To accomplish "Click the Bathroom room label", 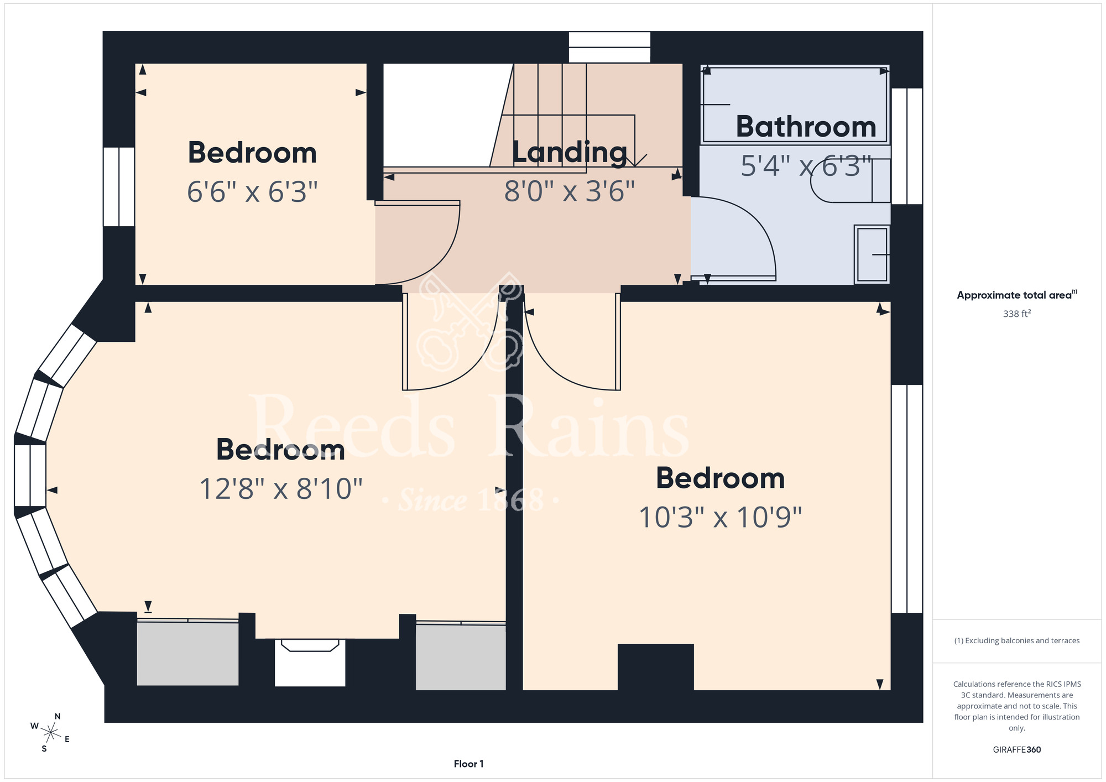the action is pyautogui.click(x=806, y=127).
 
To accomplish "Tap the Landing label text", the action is pyautogui.click(x=570, y=153).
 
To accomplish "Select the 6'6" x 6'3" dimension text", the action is pyautogui.click(x=252, y=192).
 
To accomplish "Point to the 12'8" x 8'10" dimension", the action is pyautogui.click(x=280, y=489).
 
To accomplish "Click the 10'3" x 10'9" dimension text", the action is pyautogui.click(x=720, y=518).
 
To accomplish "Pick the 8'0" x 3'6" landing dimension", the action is pyautogui.click(x=570, y=191).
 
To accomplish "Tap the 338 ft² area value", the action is pyautogui.click(x=1016, y=314).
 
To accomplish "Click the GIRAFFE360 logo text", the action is pyautogui.click(x=1016, y=750).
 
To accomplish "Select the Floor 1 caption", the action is pyautogui.click(x=468, y=764).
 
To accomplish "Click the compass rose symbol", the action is pyautogui.click(x=50, y=733).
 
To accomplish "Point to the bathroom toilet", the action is pyautogui.click(x=851, y=181).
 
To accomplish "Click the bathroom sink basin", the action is pyautogui.click(x=872, y=254).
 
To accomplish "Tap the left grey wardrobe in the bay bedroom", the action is pyautogui.click(x=187, y=653).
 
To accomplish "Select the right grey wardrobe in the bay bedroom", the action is pyautogui.click(x=461, y=656).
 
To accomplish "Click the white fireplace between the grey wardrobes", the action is pyautogui.click(x=310, y=663).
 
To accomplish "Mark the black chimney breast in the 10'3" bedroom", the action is pyautogui.click(x=655, y=667).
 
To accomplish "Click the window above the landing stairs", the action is pyautogui.click(x=609, y=47).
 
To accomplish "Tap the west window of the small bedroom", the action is pyautogui.click(x=119, y=187).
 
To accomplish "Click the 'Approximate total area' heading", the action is pyautogui.click(x=1016, y=295).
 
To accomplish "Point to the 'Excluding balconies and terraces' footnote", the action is pyautogui.click(x=1016, y=640).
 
